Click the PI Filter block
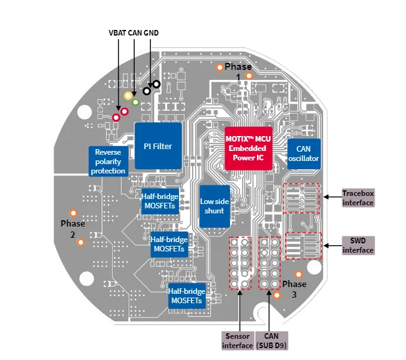pos(158,147)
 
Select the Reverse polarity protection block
pos(110,161)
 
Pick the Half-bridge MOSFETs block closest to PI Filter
pos(160,201)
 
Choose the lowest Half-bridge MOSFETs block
pos(186,296)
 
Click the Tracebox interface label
pos(358,198)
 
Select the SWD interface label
pos(358,246)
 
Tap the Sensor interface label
pos(238,341)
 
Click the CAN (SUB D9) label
pos(271,341)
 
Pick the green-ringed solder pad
pos(135,101)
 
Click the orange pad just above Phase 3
pos(299,274)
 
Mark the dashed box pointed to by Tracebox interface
pos(302,198)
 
